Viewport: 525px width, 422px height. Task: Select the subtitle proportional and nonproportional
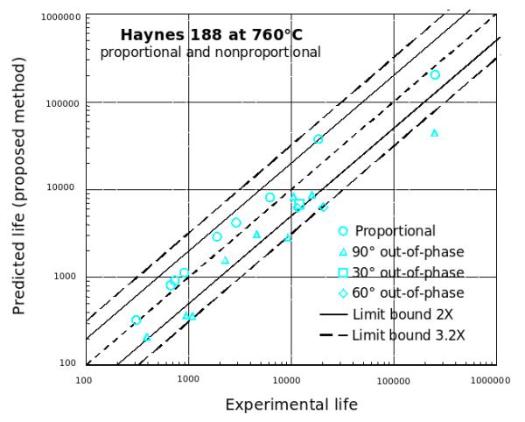click(x=210, y=53)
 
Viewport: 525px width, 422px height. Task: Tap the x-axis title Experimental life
click(x=291, y=405)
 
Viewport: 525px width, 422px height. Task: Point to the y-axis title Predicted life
click(x=19, y=186)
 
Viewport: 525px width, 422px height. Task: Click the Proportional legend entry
click(x=395, y=231)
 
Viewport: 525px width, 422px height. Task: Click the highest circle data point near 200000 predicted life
click(x=435, y=75)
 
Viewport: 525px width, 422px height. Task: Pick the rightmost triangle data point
click(x=435, y=133)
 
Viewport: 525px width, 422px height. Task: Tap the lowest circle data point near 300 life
click(x=136, y=320)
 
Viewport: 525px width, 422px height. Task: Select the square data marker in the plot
click(x=299, y=204)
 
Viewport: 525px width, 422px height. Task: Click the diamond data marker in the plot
click(x=323, y=207)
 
